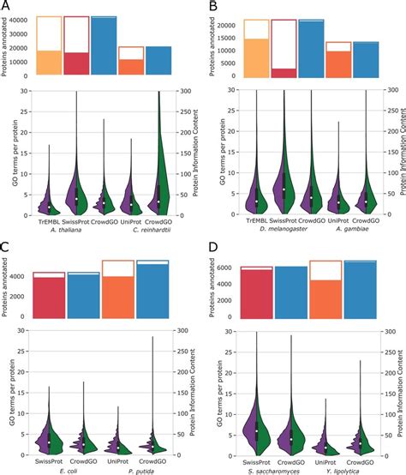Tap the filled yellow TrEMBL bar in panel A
49,63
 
